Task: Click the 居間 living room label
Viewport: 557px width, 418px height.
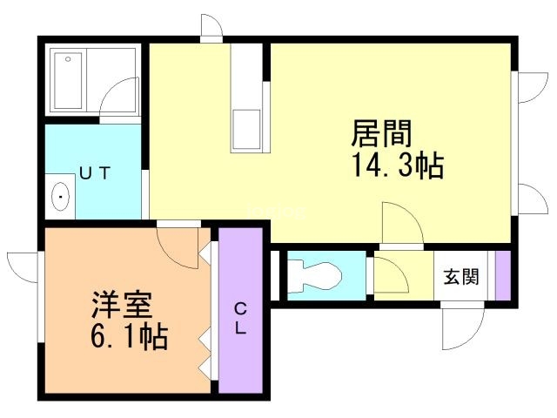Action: coord(381,133)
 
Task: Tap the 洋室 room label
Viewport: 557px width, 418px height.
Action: coord(123,306)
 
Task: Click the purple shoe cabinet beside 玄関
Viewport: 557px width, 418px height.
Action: coord(501,275)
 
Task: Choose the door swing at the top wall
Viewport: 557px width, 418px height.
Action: coord(210,28)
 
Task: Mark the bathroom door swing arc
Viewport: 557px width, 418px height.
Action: coord(120,102)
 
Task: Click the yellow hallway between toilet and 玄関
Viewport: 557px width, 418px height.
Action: coord(403,276)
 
